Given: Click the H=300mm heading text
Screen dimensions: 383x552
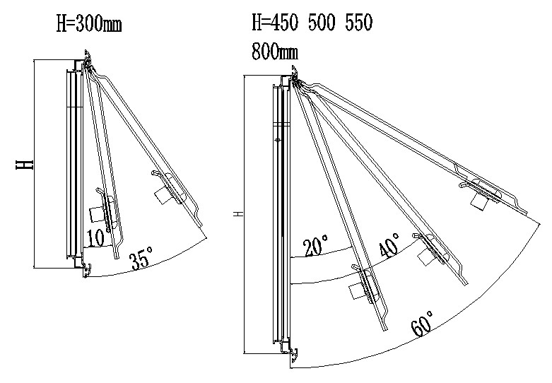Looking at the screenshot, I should (88, 25).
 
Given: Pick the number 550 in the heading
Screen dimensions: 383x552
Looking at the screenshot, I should (358, 23).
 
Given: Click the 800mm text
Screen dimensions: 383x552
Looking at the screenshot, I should (274, 52).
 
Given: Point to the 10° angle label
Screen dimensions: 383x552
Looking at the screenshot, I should (98, 237).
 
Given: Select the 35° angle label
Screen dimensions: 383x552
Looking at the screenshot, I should (141, 261).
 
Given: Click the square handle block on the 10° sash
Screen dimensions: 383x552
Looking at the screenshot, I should (96, 215).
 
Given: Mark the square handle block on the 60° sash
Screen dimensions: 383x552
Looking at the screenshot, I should (482, 201).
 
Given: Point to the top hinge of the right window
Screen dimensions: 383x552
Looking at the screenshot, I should (294, 77).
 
